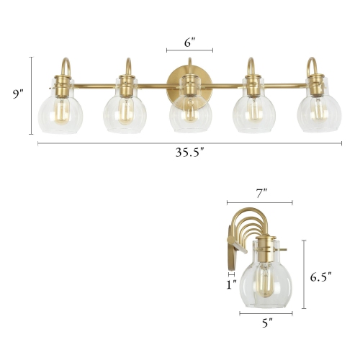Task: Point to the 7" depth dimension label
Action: click(261, 192)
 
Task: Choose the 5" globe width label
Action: click(266, 324)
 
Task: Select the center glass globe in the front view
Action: click(189, 113)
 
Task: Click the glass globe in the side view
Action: click(266, 282)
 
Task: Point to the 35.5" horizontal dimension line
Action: click(108, 143)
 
